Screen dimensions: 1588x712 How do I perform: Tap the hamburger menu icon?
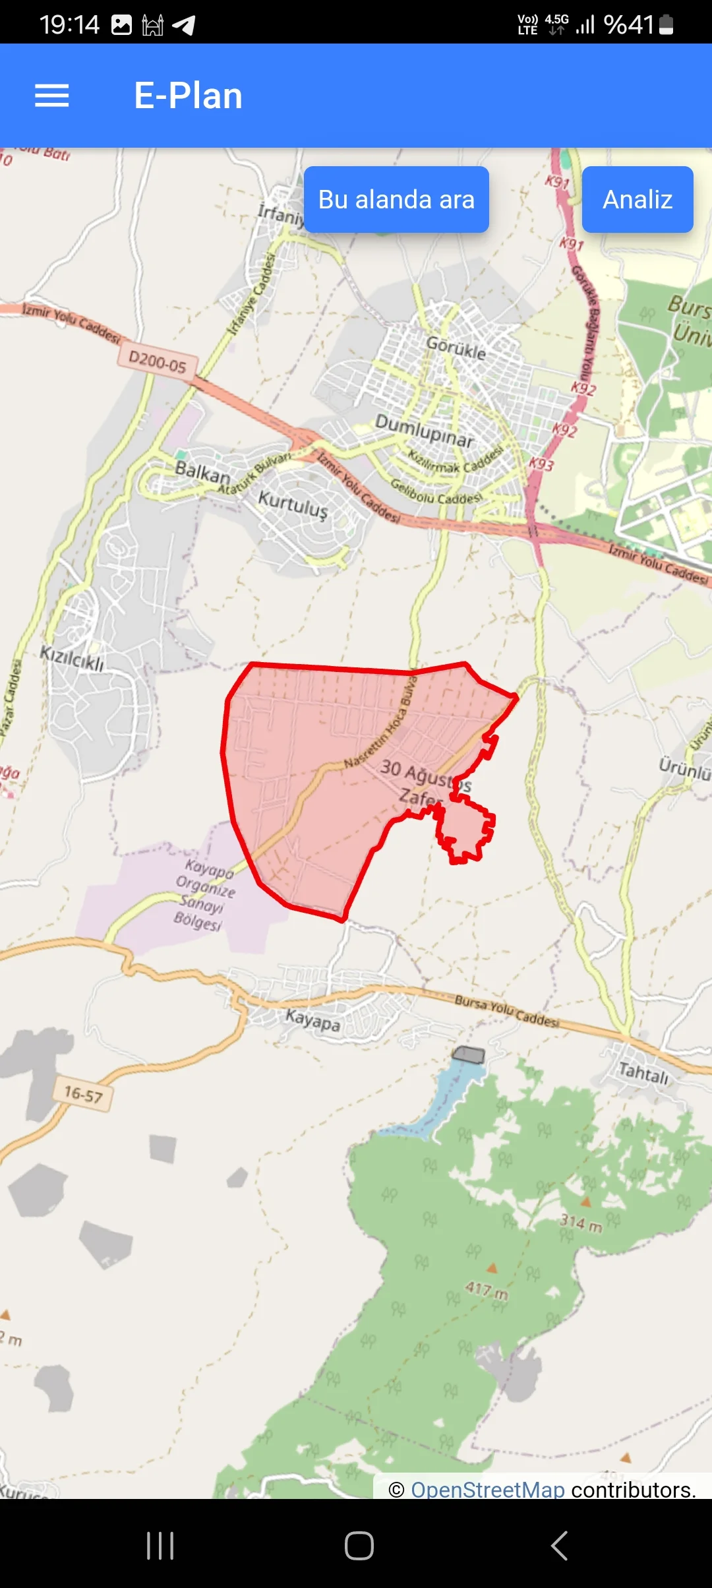point(52,96)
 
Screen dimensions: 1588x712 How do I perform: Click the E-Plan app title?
point(189,96)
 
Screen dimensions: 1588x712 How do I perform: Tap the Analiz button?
point(638,199)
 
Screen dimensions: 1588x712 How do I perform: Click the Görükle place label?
point(456,347)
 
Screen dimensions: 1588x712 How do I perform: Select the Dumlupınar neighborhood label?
point(425,430)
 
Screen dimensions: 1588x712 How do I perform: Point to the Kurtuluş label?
point(293,504)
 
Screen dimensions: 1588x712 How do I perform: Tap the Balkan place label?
point(202,472)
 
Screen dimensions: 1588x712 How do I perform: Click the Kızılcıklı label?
point(73,658)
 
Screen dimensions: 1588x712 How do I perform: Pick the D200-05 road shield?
point(158,361)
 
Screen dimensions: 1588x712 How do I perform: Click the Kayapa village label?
point(313,1020)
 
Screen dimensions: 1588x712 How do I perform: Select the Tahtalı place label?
point(643,1073)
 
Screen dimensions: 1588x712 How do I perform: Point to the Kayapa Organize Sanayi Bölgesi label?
point(204,894)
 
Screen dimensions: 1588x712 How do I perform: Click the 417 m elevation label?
point(487,1289)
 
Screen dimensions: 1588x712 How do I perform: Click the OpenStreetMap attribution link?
point(488,1489)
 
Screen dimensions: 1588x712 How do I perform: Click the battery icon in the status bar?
point(666,25)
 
